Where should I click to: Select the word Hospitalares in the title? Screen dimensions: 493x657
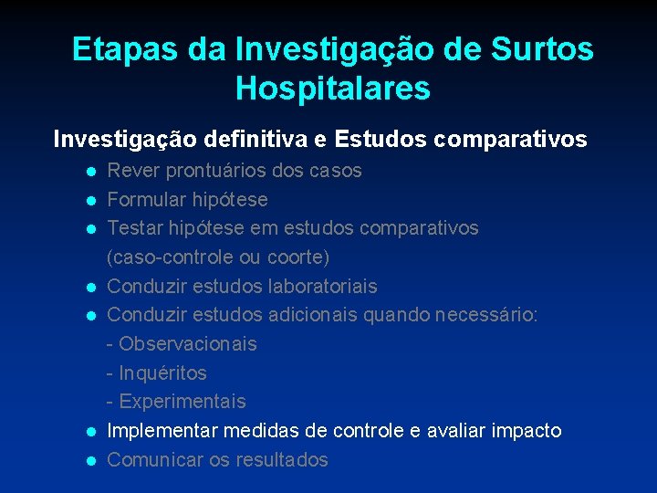[x=332, y=89]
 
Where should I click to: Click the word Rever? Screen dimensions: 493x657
[x=132, y=171]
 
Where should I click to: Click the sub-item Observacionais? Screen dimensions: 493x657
[x=187, y=344]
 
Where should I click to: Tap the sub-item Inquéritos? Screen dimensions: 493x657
[x=162, y=373]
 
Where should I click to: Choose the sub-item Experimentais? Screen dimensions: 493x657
[x=182, y=402]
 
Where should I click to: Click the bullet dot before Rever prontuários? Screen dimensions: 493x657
[x=91, y=172]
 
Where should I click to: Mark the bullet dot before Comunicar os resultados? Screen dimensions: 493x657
[x=91, y=461]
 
